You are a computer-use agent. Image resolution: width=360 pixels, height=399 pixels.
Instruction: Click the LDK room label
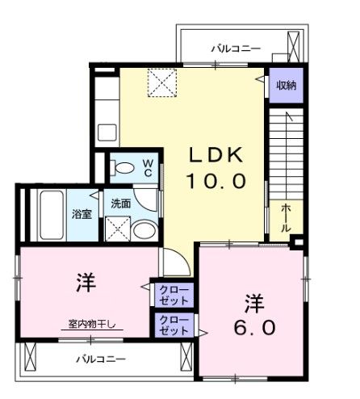[216, 154]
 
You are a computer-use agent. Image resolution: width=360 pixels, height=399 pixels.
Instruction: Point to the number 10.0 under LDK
[216, 182]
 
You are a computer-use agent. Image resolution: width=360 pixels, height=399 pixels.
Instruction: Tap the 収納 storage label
[286, 86]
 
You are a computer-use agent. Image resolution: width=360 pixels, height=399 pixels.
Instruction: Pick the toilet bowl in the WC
[124, 168]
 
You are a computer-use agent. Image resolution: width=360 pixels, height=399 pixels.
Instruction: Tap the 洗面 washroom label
[121, 204]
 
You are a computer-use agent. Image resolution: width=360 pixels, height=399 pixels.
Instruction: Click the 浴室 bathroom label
[81, 215]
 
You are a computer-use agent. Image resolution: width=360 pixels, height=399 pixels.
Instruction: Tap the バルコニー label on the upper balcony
[236, 48]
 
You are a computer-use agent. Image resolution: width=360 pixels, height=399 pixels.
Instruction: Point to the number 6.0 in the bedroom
[256, 327]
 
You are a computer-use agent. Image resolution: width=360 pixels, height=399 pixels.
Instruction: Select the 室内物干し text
[90, 325]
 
